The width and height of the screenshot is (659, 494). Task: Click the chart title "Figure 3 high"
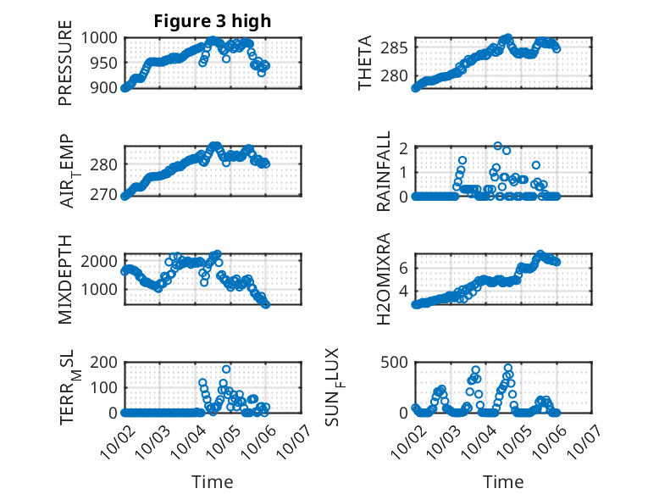(213, 21)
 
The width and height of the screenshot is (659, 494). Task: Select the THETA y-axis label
(364, 63)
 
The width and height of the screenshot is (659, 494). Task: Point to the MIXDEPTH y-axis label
(65, 279)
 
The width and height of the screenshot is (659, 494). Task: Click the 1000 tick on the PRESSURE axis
(103, 37)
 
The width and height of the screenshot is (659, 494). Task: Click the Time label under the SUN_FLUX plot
(503, 482)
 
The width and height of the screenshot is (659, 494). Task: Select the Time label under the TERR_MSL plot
(213, 482)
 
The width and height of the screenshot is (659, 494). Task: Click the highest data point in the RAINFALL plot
(498, 146)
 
